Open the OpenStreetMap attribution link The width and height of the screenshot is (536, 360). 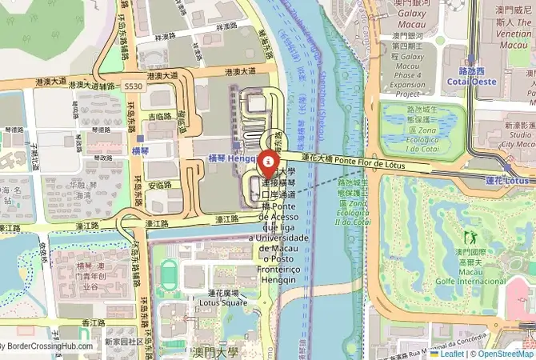[x=502, y=353]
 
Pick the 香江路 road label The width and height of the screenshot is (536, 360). [x=94, y=322]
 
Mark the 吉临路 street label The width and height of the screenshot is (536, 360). [x=158, y=117]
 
